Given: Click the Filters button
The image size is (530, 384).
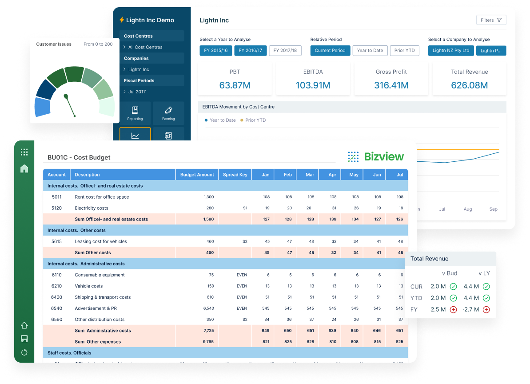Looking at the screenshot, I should point(491,20).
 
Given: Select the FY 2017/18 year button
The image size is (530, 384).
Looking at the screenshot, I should point(285,51).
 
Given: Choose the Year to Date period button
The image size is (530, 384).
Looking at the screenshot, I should point(370,51).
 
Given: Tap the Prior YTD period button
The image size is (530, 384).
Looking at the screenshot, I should point(404,51).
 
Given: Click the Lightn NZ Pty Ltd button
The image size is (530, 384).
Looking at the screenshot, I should point(450,51).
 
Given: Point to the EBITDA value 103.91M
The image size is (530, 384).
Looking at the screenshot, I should point(313,85).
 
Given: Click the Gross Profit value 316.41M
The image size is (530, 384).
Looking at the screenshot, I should point(391,85).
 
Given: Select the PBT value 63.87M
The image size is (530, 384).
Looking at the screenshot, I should point(235,85).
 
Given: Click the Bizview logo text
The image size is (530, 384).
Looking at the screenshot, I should point(384,156).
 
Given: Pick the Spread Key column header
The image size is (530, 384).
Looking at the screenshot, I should point(235,175).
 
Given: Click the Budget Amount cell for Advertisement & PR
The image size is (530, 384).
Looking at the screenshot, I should point(208,308).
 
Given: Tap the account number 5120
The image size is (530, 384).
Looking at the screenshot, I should point(56,208).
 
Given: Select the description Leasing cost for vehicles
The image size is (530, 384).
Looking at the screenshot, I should point(101,242).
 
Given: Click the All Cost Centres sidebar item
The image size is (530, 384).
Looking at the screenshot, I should point(145,47).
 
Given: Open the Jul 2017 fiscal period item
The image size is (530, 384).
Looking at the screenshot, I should point(137,92).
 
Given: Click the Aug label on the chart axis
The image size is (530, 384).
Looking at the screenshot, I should point(467,209).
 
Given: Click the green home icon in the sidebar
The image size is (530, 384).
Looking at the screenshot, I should point(24,168).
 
